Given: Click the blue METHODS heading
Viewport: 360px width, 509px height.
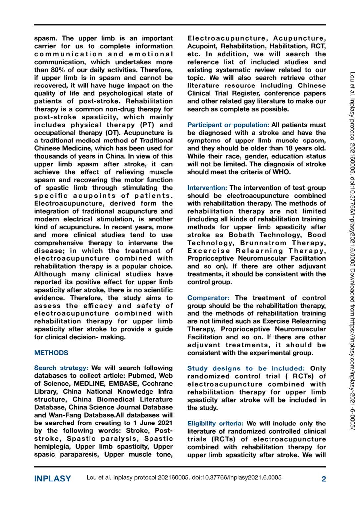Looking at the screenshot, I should click(51, 353).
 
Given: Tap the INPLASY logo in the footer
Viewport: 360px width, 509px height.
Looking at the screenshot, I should click(52, 479).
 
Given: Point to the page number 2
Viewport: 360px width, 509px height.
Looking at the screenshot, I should click(323, 479).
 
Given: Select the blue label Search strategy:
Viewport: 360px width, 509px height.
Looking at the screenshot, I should click(61, 368).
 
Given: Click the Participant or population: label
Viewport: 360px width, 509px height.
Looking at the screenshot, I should click(228, 125).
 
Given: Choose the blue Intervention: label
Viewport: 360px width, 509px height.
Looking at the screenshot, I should click(207, 188).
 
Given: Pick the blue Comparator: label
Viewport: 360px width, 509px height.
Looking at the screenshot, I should click(208, 298).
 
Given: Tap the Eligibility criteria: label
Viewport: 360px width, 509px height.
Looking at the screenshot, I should click(215, 424).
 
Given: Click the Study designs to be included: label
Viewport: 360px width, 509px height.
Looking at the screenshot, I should click(246, 368).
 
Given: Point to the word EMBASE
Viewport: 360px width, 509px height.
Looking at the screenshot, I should click(123, 384).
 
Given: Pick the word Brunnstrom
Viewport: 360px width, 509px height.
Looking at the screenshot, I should click(263, 243).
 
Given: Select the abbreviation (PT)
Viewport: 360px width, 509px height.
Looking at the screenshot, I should click(147, 125).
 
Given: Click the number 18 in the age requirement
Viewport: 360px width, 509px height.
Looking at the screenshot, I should click(290, 148).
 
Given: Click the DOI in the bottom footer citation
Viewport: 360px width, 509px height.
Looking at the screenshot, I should click(237, 478).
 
